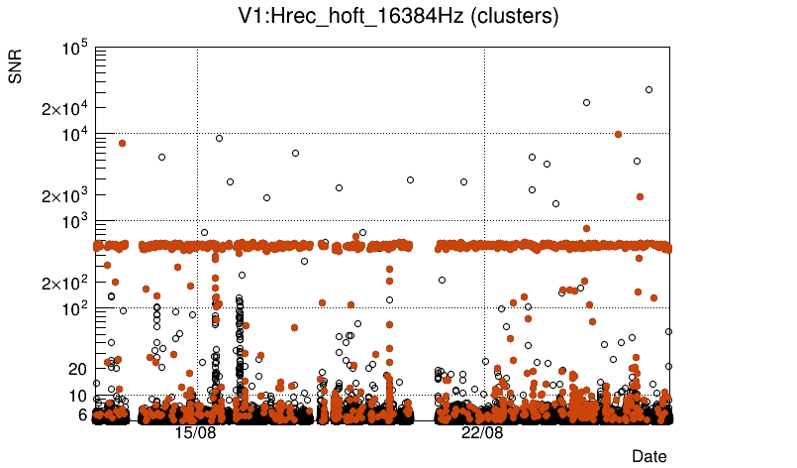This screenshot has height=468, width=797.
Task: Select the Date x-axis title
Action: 649,456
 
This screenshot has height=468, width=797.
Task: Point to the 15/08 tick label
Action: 195,433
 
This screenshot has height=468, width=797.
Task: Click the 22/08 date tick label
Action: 482,433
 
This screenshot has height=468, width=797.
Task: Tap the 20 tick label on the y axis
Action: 77,369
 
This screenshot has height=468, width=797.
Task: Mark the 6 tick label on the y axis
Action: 83,414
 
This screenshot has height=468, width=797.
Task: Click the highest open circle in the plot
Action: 649,89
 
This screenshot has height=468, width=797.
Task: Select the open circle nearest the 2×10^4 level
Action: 586,102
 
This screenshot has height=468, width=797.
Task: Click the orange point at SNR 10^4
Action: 619,134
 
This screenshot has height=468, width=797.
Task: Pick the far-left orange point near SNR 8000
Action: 122,143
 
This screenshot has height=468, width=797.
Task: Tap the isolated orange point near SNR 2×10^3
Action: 640,196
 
